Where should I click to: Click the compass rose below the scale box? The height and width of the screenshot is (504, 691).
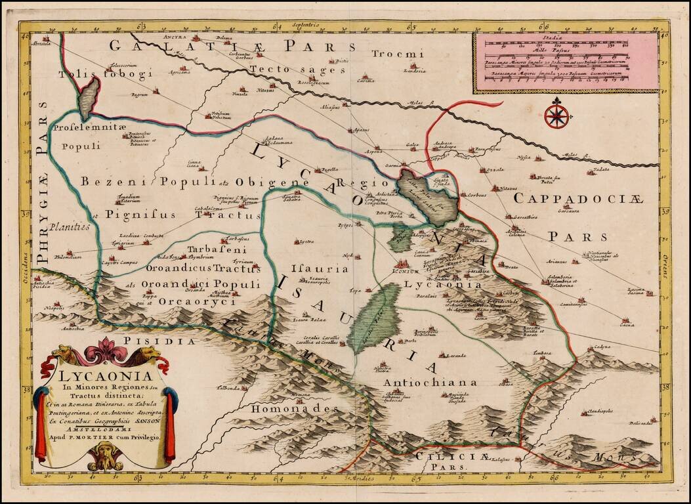556,116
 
